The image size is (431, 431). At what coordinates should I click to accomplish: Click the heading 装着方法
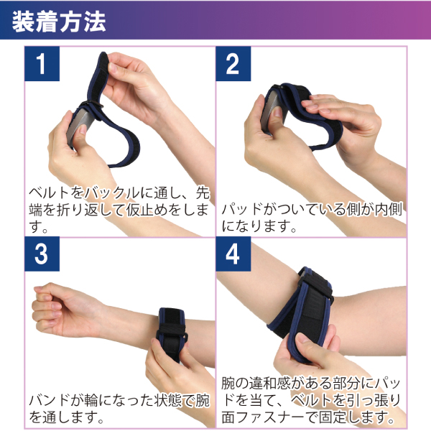pos(60,21)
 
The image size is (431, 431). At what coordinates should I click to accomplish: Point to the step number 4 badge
pos(232,256)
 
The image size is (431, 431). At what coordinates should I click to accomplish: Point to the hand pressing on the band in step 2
pos(338,115)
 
